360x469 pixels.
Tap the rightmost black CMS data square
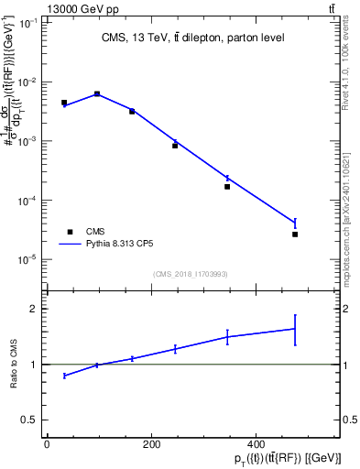tap(295, 234)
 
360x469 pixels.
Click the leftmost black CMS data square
tap(64, 103)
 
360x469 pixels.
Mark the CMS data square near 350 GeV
tap(227, 187)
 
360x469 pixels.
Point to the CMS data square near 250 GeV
tap(175, 146)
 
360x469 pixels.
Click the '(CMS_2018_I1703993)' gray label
tap(190, 273)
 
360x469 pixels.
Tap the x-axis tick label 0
tap(47, 445)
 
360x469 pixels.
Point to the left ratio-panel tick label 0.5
tap(27, 420)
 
